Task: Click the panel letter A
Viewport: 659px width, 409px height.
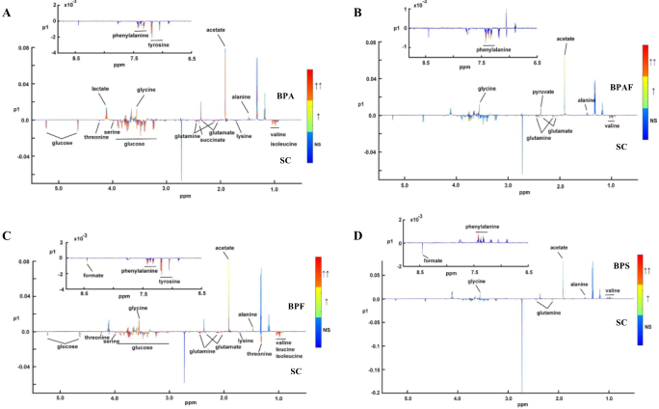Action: (8, 12)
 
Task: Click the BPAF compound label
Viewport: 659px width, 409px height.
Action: (622, 87)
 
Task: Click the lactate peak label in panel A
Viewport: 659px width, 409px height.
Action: (100, 89)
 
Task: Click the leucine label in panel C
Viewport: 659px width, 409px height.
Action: (283, 349)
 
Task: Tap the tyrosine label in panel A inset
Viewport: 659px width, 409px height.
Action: (160, 44)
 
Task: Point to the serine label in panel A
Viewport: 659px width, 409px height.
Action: (113, 135)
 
